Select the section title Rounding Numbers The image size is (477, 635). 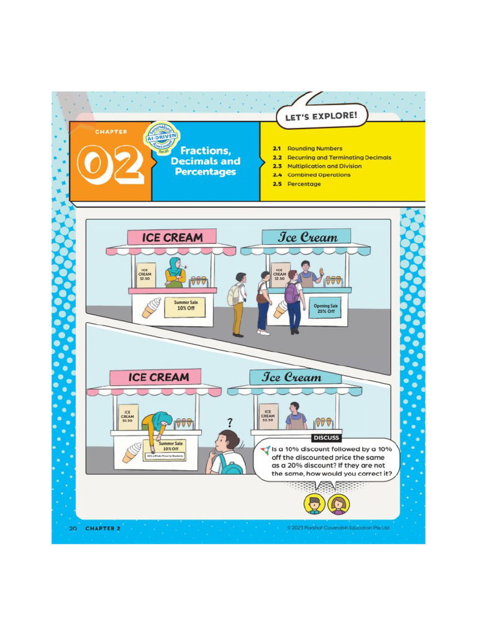314,149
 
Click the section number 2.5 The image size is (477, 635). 278,184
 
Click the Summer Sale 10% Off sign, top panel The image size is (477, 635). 185,306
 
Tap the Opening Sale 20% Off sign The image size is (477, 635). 325,308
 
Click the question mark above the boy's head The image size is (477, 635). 230,422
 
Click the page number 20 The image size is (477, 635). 73,528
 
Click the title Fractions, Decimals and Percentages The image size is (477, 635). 206,161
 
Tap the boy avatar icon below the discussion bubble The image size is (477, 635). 314,504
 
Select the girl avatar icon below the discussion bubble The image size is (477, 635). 338,504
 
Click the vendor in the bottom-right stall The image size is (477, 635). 295,416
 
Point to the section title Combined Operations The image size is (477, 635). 319,175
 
